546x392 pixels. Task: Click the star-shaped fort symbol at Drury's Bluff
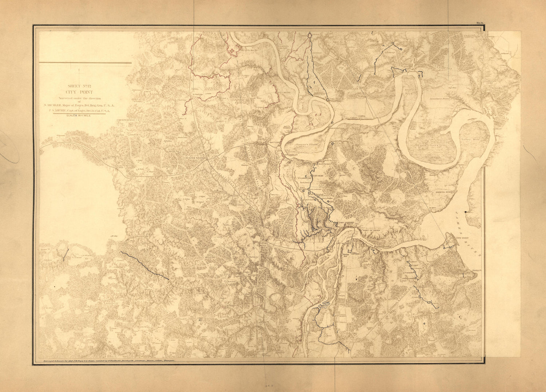coord(232,51)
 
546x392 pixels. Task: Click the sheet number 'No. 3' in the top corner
coord(479,24)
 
